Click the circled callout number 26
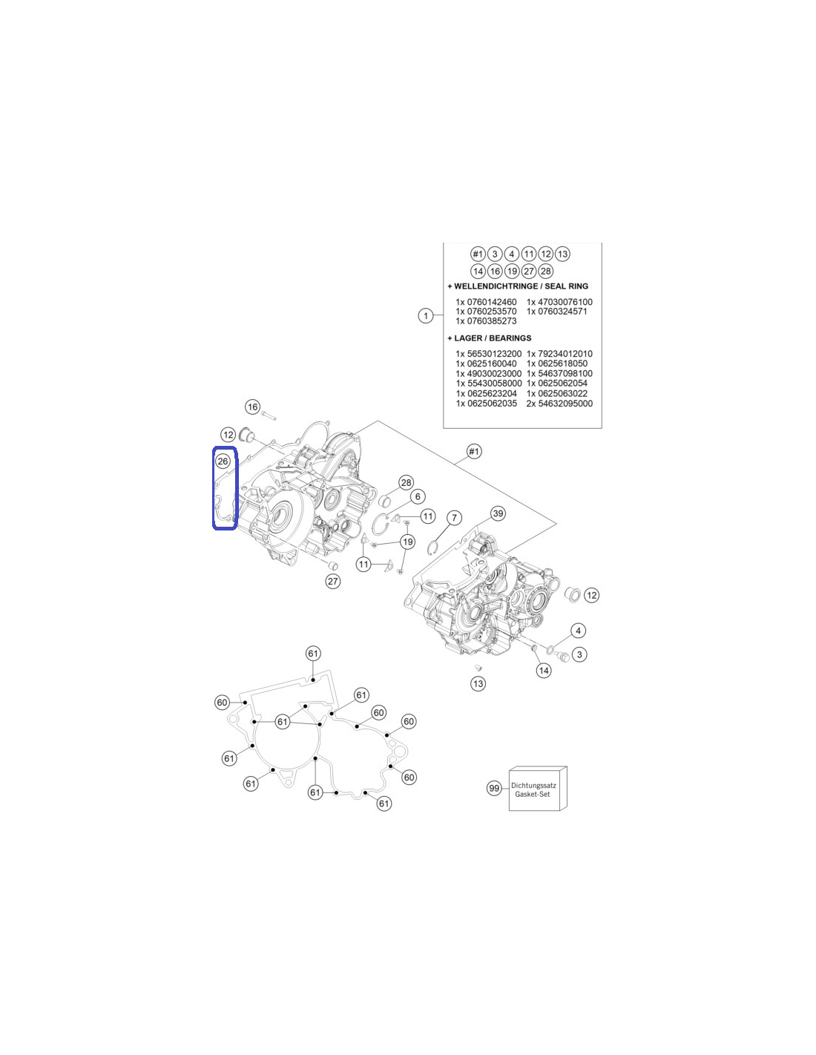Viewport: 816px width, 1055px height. (x=223, y=461)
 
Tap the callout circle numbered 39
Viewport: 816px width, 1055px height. (x=498, y=513)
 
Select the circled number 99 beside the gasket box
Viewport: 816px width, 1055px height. (x=494, y=788)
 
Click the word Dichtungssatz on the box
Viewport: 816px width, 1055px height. (x=533, y=786)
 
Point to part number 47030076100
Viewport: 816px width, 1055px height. (x=565, y=302)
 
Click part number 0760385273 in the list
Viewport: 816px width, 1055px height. (x=492, y=321)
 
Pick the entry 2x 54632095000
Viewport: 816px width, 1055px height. (x=559, y=404)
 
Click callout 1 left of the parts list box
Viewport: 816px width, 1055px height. (x=426, y=316)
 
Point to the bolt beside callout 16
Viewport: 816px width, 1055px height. (x=268, y=415)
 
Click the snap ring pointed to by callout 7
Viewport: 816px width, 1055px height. (x=434, y=546)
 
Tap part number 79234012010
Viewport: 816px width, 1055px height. (x=565, y=354)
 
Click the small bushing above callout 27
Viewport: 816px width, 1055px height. (x=333, y=565)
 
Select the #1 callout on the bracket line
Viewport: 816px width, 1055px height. (x=474, y=452)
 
